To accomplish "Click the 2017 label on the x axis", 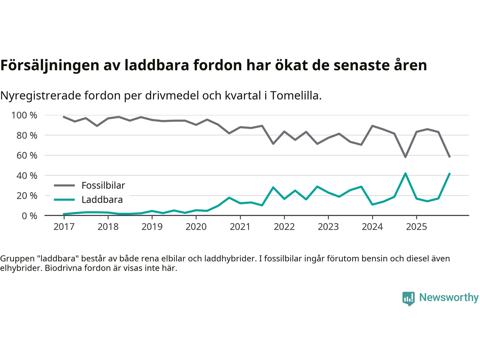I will click(64, 227).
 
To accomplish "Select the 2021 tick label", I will click(240, 227).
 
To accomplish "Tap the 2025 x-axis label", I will click(416, 227).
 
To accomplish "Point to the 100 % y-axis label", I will click(24, 115).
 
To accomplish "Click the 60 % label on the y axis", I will click(27, 155).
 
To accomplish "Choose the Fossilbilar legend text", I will click(103, 185).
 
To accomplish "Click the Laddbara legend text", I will click(102, 199).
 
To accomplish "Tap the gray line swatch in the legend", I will click(64, 185).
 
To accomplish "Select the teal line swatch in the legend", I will click(64, 199).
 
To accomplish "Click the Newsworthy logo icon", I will click(408, 298).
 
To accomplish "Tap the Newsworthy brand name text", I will click(449, 297).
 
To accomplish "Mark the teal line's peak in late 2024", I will click(405, 173).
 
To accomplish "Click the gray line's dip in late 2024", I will click(405, 157).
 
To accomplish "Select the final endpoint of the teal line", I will click(449, 173).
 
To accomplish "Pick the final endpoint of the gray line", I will click(449, 157).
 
